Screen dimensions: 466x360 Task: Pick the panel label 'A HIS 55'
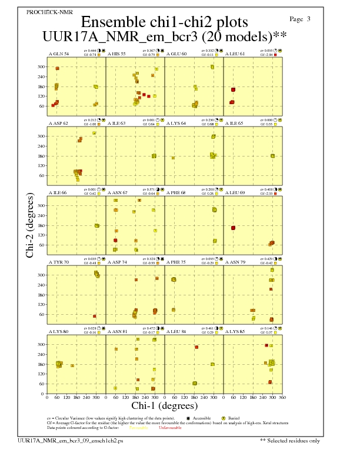(116, 54)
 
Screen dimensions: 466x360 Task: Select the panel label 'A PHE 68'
(176, 192)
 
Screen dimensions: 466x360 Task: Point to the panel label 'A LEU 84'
(176, 331)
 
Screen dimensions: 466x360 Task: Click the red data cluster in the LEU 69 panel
(234, 228)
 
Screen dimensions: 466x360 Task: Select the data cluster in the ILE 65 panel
(272, 156)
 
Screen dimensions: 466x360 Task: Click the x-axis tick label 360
(282, 397)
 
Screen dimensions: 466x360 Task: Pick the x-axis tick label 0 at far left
(47, 397)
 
